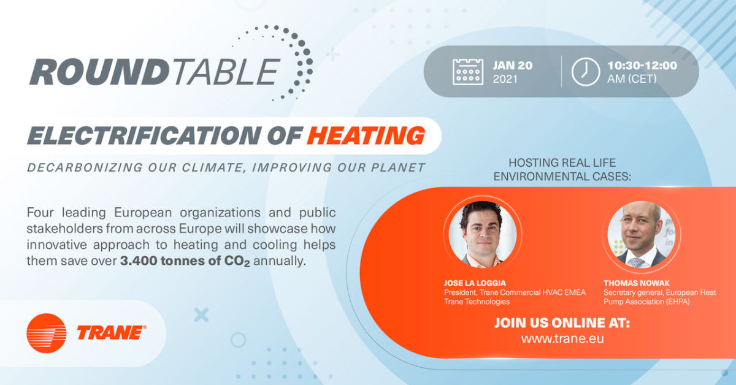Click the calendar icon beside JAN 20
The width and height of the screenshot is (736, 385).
[467, 72]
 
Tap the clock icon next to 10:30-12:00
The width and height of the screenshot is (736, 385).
[585, 72]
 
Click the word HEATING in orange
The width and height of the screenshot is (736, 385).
[366, 135]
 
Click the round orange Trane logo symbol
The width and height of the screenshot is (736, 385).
[47, 333]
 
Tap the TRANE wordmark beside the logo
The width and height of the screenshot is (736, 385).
[112, 332]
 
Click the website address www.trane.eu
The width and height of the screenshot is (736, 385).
[562, 338]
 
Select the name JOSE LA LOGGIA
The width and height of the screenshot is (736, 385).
[475, 283]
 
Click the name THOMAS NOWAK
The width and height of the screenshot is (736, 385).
[637, 283]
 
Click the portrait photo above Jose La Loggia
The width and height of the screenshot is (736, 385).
[482, 234]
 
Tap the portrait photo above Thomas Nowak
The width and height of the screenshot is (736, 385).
[641, 234]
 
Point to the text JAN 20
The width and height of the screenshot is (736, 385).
[513, 66]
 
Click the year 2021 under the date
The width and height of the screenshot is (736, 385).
[505, 79]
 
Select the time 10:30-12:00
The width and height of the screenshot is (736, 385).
[642, 66]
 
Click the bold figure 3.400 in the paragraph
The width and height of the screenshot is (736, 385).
[138, 261]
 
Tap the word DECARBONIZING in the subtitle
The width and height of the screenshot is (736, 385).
[85, 167]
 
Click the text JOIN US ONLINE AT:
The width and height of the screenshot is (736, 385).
[562, 323]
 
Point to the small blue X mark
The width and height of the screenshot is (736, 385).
[201, 315]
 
